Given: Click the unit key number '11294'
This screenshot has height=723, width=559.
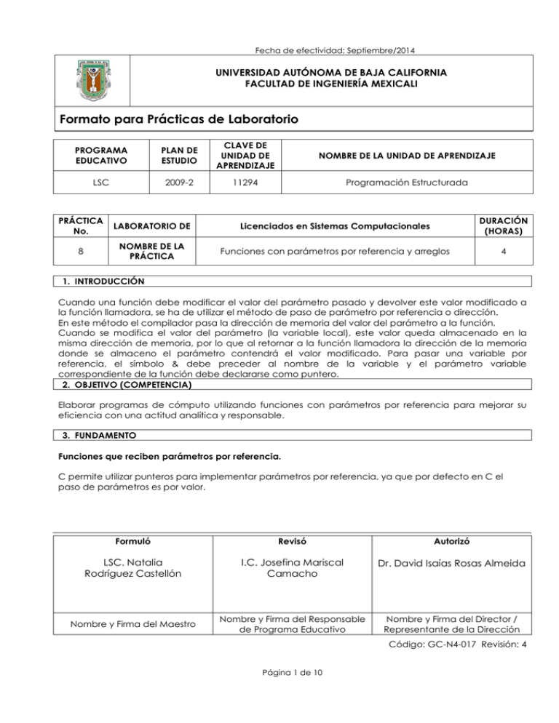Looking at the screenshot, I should pos(234,185).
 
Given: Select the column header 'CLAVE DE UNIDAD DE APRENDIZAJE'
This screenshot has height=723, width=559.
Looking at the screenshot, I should pos(234,155).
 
